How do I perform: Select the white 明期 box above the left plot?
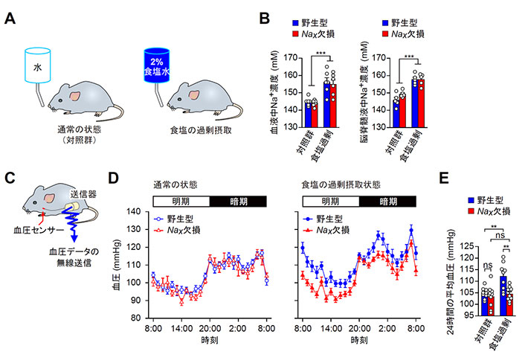(181, 199)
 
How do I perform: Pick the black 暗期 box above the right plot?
(389, 199)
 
